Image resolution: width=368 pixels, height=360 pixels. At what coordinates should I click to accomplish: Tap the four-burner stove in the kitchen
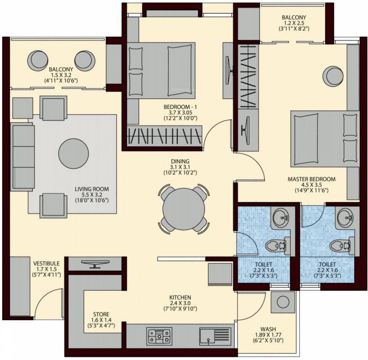[x=159, y=336]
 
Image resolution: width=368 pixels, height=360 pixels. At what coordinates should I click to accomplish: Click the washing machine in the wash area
[x=282, y=302]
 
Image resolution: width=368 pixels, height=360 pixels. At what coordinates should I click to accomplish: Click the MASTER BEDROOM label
[x=311, y=179]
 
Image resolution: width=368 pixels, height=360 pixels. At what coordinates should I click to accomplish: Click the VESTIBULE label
[x=46, y=263]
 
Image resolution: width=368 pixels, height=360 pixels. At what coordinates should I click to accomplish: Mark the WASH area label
[x=267, y=329]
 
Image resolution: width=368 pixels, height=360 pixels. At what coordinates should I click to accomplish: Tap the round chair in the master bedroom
[x=334, y=75]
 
